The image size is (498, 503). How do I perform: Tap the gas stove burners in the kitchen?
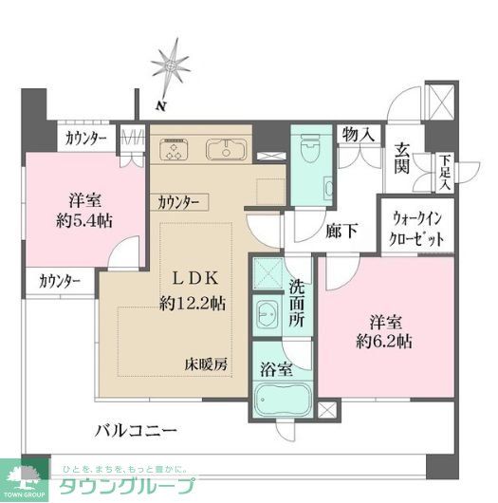(x=175, y=149)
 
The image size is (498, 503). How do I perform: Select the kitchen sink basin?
(x=227, y=149)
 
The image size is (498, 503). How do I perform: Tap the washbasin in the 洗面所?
(x=267, y=313)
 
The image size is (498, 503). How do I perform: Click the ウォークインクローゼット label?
(x=417, y=229)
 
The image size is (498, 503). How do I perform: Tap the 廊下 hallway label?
(x=342, y=230)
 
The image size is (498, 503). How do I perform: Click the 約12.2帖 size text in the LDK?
(x=193, y=304)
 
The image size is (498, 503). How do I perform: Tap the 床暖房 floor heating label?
(x=206, y=363)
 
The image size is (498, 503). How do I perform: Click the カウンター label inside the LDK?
(x=179, y=202)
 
